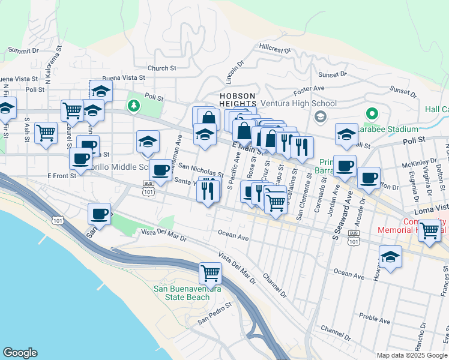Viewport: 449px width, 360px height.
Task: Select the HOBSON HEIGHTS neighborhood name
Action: pyautogui.click(x=238, y=100)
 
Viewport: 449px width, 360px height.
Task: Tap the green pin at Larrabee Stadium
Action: pyautogui.click(x=372, y=113)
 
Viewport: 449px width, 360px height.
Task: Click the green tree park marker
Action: pyautogui.click(x=133, y=106)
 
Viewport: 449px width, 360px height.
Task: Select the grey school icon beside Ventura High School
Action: pyautogui.click(x=321, y=116)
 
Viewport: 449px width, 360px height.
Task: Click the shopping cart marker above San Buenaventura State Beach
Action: pyautogui.click(x=211, y=273)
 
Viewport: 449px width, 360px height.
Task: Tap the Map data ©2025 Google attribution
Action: pyautogui.click(x=412, y=355)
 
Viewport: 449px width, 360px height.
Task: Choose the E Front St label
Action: pyautogui.click(x=62, y=176)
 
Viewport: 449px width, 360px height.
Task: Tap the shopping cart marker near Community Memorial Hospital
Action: pyautogui.click(x=429, y=230)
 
